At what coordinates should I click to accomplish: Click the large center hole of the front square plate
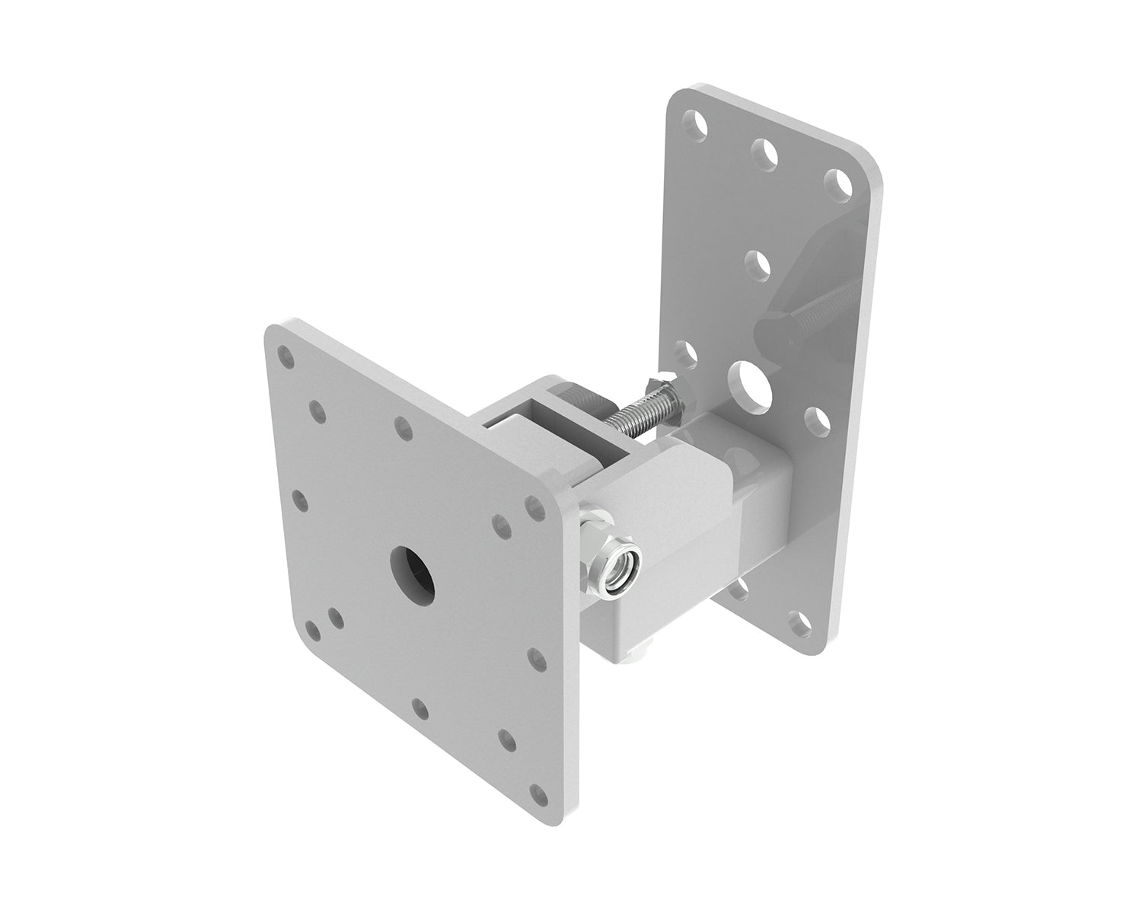pos(412,570)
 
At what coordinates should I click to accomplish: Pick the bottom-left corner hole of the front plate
pos(312,629)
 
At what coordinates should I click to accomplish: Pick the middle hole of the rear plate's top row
pos(764,152)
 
